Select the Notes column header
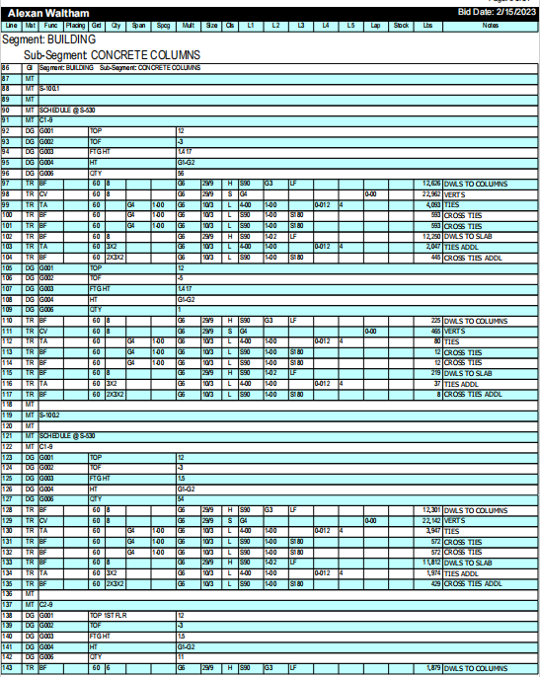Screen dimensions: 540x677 490,24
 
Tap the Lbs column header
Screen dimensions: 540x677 426,24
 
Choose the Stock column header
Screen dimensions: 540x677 401,24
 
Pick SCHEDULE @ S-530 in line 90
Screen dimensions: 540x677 67,110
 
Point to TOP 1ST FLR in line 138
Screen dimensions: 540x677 109,614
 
